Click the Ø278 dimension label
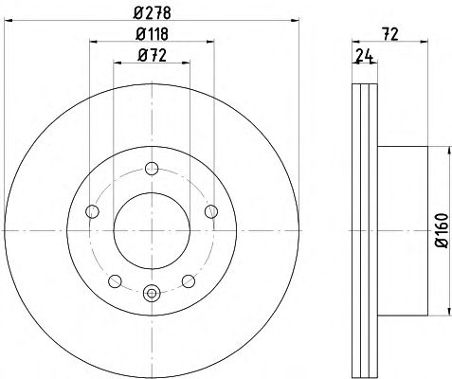[x=153, y=13]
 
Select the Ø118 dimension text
[x=152, y=34]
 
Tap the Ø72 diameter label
[x=152, y=56]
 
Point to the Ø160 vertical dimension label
[x=442, y=231]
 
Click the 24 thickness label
[x=365, y=55]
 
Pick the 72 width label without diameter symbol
[x=390, y=34]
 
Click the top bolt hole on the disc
[x=152, y=169]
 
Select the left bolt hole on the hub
[x=92, y=211]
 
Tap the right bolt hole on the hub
[x=211, y=211]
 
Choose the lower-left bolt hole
[x=115, y=281]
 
